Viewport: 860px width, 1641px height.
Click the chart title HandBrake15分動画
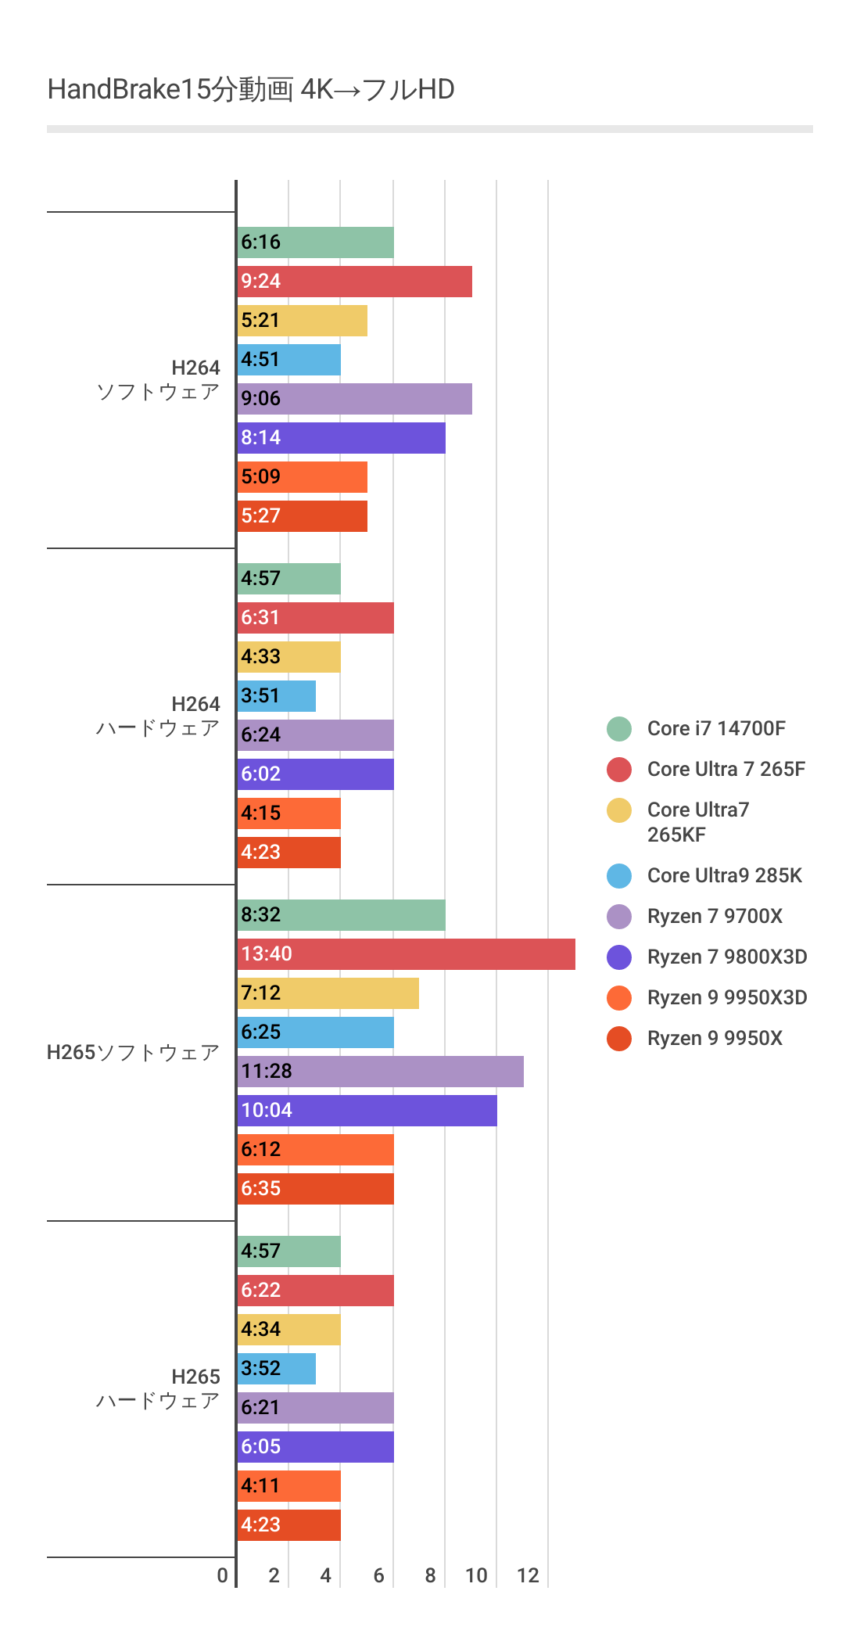[250, 90]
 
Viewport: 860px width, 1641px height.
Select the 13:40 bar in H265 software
[406, 954]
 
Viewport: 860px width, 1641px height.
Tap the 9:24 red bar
[354, 282]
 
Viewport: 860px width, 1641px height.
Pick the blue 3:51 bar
[276, 696]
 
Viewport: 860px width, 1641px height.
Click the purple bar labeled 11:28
[380, 1072]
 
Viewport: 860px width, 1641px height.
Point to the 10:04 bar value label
[267, 1111]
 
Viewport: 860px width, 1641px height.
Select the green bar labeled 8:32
[341, 915]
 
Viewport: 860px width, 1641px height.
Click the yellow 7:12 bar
[328, 993]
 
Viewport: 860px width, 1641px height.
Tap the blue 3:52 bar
[276, 1369]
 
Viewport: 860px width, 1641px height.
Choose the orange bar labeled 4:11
[288, 1486]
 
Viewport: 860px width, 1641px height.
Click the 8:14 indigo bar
[341, 438]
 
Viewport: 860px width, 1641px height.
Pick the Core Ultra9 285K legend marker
[619, 876]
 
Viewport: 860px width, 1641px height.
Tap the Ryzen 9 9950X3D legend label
[726, 998]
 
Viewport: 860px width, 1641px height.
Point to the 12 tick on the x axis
[528, 1575]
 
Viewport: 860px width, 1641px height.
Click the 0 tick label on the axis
[223, 1575]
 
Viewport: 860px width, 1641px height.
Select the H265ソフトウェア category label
[133, 1053]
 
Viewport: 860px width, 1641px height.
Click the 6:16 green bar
[315, 242]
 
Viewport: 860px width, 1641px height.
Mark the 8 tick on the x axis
[430, 1575]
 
